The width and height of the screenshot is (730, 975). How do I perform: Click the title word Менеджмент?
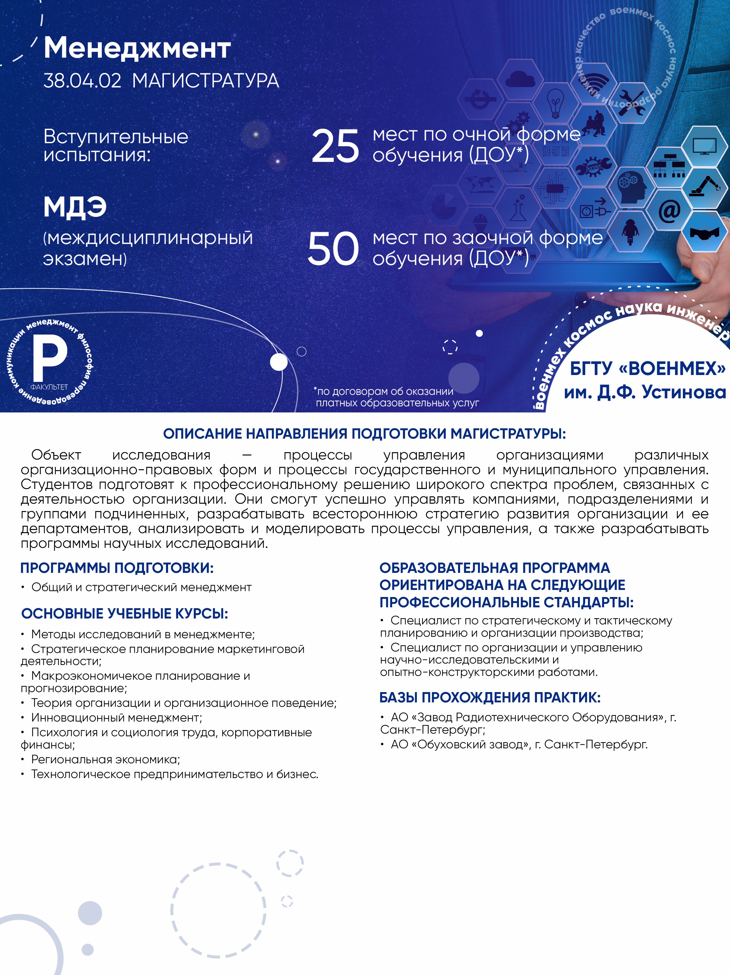[x=137, y=48]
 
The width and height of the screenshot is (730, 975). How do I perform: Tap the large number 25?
[x=335, y=146]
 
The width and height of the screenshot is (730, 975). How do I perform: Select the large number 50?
[x=333, y=249]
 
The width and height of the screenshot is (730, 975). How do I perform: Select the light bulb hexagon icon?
[x=555, y=103]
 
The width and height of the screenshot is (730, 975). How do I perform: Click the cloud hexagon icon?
[x=520, y=80]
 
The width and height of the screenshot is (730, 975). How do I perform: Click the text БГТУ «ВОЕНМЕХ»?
[x=647, y=369]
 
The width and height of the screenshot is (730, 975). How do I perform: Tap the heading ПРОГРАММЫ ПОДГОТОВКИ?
[x=117, y=568]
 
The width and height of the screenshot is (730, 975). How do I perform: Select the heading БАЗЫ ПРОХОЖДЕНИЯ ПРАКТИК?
[x=490, y=697]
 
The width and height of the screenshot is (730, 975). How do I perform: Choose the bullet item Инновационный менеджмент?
[x=116, y=718]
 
